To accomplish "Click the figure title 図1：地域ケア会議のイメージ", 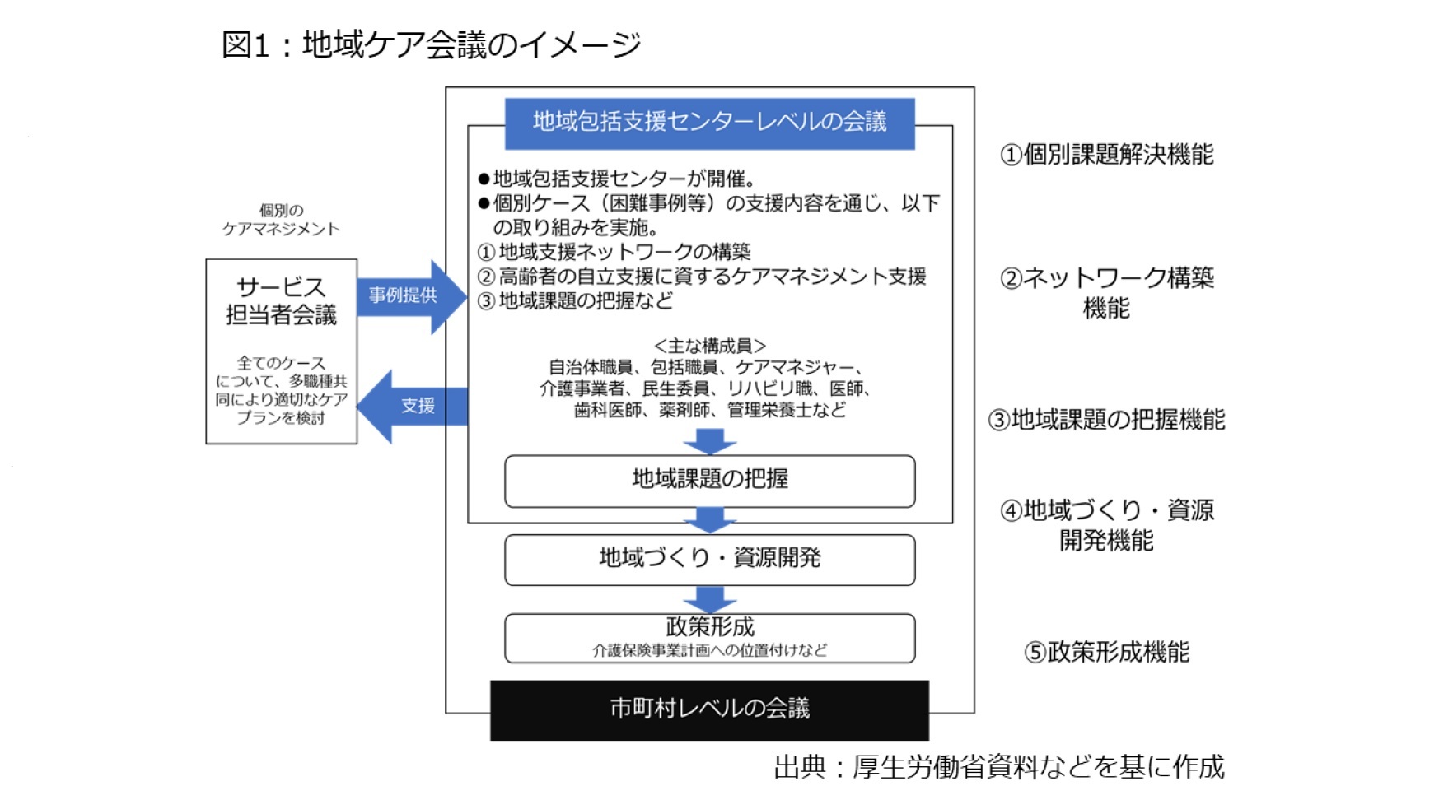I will (x=430, y=44).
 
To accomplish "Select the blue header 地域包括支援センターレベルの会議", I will (x=709, y=123).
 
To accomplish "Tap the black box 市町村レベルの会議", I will (x=709, y=709).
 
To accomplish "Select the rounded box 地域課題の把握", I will (x=709, y=480).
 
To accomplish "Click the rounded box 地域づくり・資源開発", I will (x=709, y=559).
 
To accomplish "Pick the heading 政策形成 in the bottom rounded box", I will (x=709, y=627).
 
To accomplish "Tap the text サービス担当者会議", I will (x=281, y=301).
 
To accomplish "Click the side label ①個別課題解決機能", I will (x=1106, y=155).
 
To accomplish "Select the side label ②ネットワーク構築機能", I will (x=1106, y=292).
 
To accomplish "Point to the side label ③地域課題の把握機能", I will (x=1106, y=421).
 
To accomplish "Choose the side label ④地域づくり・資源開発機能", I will (x=1106, y=525).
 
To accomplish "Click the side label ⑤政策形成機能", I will (x=1106, y=653).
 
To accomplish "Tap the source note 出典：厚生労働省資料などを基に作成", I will (x=998, y=767).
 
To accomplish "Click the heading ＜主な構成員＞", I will (x=709, y=346).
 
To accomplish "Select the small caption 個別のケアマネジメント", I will (x=281, y=220).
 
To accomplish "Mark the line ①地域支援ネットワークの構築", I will (x=614, y=252).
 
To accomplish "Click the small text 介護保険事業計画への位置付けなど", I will (x=709, y=650).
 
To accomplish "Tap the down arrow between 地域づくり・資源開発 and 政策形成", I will (x=709, y=598).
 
